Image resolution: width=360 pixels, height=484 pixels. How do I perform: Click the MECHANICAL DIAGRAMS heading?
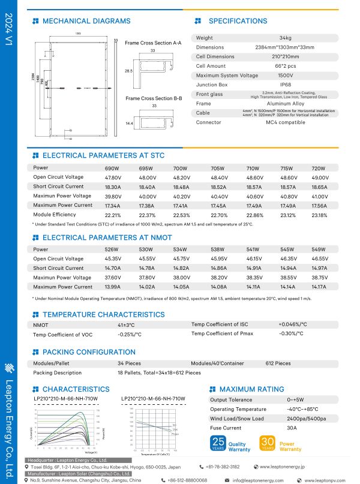click(86, 21)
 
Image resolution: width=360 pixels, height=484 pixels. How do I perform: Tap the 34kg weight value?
click(286, 38)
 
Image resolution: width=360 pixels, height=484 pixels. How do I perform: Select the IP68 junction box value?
click(286, 85)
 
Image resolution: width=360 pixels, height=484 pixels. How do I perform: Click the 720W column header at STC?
click(319, 169)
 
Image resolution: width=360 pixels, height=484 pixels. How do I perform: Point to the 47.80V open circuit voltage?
click(113, 178)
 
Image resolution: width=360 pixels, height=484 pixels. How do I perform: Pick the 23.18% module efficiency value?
click(320, 215)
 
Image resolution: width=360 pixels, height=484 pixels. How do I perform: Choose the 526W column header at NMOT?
click(112, 249)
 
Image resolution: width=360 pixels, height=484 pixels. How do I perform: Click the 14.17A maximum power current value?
click(320, 287)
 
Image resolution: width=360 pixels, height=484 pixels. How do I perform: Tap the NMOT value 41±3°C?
click(126, 324)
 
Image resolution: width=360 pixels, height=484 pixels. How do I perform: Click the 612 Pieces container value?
click(278, 363)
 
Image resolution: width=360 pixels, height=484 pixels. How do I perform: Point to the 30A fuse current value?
click(292, 428)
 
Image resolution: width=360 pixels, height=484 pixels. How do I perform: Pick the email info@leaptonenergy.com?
click(258, 480)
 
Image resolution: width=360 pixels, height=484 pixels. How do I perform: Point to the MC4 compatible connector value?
click(286, 122)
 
